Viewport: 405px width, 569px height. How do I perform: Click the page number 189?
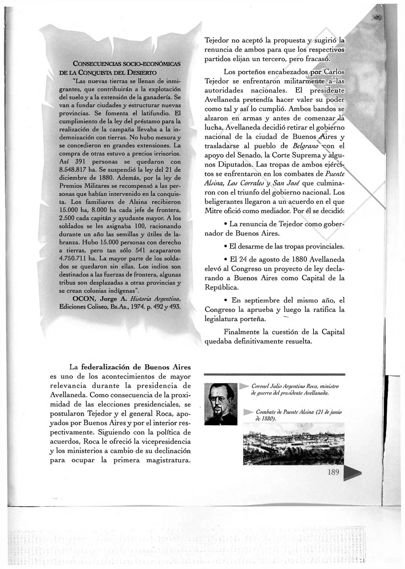(333, 472)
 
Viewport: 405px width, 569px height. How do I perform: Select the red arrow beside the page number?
(352, 473)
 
